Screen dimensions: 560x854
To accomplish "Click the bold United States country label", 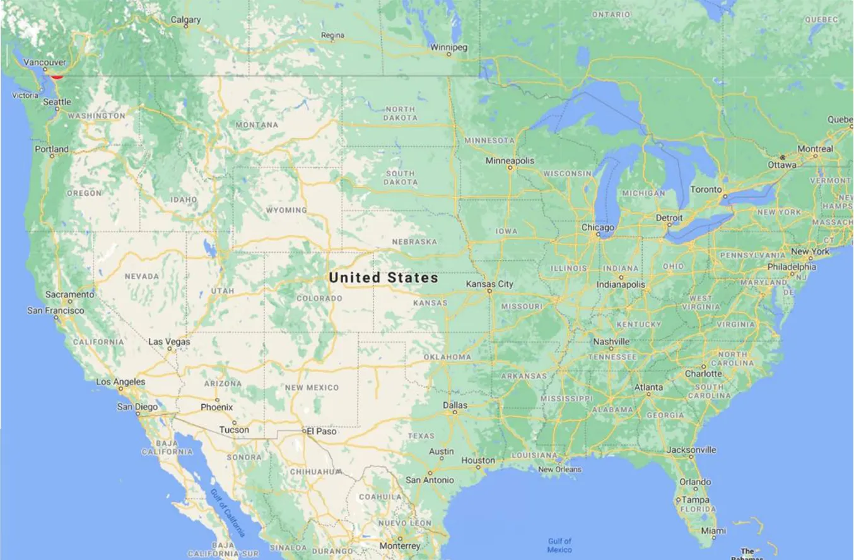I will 383,277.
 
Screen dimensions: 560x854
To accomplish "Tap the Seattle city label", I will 57,102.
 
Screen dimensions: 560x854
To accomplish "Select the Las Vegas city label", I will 169,342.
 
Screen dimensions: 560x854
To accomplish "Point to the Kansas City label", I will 489,284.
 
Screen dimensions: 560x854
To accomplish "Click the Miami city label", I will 713,530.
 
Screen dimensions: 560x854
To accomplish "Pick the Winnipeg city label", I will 448,47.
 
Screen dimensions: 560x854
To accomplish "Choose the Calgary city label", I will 185,20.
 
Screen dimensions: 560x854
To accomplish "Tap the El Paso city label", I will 321,431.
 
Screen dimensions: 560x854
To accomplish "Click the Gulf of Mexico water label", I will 559,545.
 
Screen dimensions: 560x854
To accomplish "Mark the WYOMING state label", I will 286,210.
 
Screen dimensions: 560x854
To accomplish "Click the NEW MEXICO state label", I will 312,387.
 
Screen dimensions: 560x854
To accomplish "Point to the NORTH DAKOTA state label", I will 400,114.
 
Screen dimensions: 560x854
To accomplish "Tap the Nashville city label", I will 611,342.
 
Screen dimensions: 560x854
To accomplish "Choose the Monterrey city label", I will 400,545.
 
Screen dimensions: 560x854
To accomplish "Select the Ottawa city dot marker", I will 782,157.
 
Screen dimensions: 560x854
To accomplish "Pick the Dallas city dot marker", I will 455,413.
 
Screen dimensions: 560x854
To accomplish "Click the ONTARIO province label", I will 611,14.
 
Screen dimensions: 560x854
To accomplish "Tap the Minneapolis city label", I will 510,161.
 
